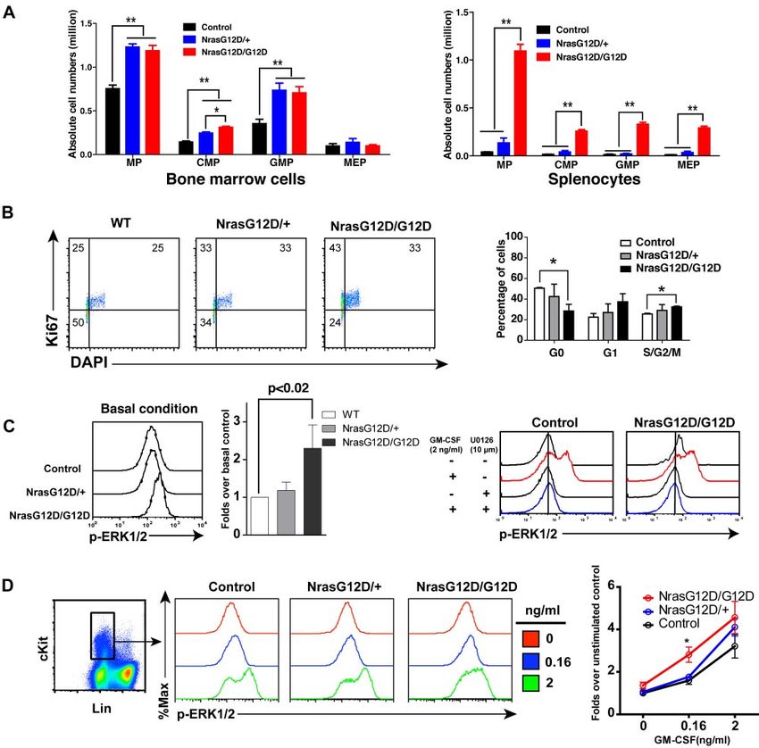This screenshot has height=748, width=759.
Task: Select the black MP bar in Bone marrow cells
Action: point(113,121)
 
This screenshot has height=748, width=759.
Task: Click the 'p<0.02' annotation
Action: point(288,389)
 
